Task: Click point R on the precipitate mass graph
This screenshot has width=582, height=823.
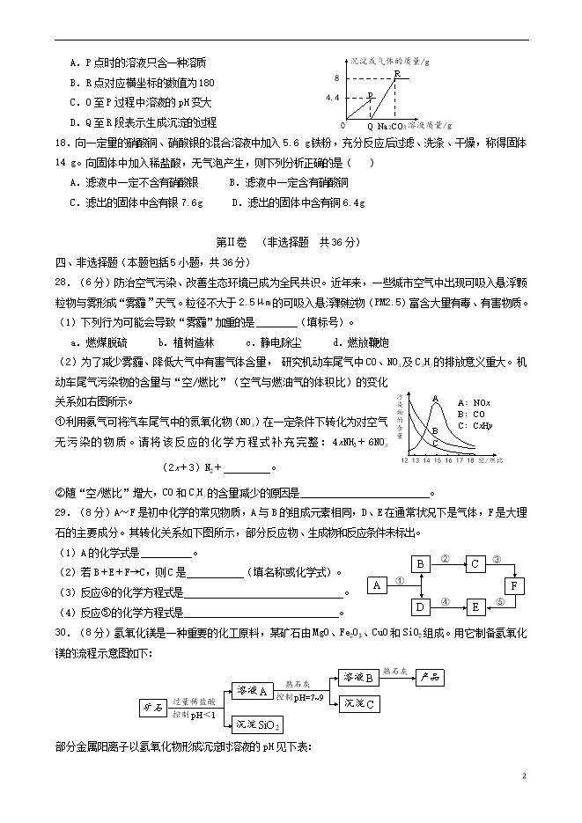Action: coord(396,74)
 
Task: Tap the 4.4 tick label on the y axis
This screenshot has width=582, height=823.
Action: coord(332,98)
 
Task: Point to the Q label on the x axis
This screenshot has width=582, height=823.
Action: coord(369,126)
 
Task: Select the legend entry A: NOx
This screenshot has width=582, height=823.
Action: coord(472,402)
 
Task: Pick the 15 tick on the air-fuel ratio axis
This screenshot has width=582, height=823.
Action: coord(438,459)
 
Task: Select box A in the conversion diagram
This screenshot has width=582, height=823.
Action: coord(377,585)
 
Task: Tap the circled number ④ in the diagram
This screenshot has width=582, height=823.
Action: coord(446,602)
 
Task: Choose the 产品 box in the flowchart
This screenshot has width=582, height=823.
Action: coord(431,677)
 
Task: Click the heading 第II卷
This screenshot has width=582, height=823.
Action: coord(232,242)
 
